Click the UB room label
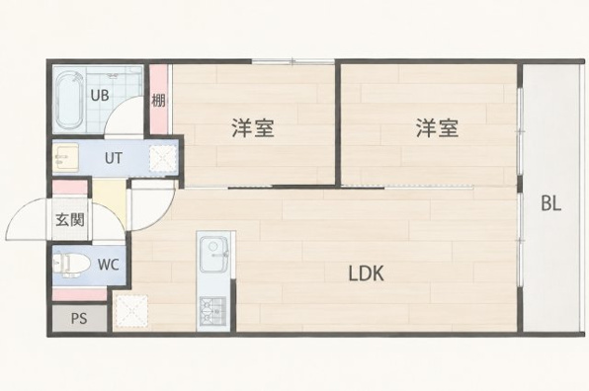point(100,95)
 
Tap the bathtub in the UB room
point(69,100)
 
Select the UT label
point(113,158)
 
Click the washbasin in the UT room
point(65,157)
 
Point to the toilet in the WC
point(70,265)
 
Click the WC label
point(109,265)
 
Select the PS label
point(79,319)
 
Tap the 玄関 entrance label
point(70,220)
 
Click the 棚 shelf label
point(158,101)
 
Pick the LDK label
point(367,274)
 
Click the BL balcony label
point(550,203)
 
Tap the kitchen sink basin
point(214,254)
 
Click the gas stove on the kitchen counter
point(213,311)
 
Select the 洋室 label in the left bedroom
point(252,128)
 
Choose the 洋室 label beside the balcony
point(437,128)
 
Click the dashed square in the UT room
point(163,158)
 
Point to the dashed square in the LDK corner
point(131,311)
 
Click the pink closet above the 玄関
point(69,188)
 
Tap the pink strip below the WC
point(79,294)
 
